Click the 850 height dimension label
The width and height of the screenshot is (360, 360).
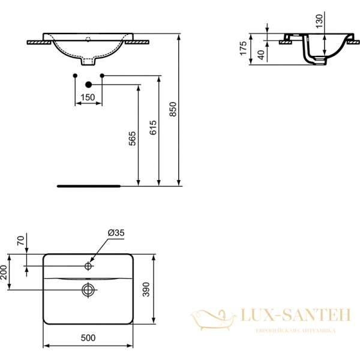tap(173, 109)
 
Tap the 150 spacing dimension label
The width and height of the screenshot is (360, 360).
tap(88, 98)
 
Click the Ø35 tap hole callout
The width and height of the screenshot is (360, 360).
tap(116, 233)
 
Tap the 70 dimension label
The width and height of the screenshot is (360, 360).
tap(20, 242)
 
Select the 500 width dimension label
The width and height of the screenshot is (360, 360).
tap(88, 338)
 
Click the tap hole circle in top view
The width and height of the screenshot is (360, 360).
tap(88, 265)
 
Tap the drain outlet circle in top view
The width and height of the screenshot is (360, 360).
tap(88, 290)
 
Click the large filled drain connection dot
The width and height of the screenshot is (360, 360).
tap(88, 85)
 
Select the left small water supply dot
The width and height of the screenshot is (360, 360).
tap(74, 75)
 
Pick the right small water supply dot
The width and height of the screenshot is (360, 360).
tap(102, 75)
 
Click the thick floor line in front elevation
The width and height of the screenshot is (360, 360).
tap(88, 186)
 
